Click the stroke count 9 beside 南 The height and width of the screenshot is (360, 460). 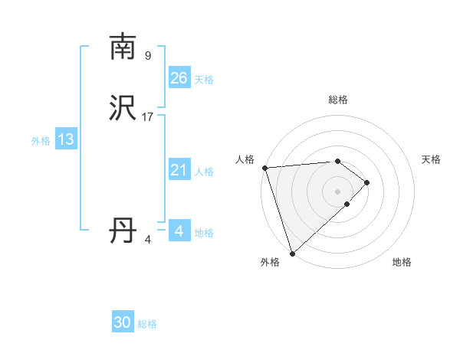(148, 55)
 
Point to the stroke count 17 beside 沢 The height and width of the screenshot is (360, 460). (148, 117)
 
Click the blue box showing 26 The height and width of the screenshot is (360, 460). (179, 78)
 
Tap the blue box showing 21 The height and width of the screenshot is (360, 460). (179, 171)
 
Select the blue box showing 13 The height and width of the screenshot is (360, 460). (66, 139)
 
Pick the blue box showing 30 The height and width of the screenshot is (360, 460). (123, 323)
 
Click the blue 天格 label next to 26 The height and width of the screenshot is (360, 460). (204, 80)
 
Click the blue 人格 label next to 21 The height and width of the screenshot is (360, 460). (204, 172)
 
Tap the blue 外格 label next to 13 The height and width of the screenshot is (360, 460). (41, 141)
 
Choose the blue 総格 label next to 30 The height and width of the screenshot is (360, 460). (148, 325)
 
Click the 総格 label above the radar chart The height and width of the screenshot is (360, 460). (338, 100)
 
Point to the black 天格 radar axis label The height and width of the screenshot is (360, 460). (432, 159)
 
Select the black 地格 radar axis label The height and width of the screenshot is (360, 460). (402, 263)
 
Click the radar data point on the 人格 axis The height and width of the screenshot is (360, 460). (264, 168)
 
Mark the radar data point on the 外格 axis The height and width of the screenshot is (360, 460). (291, 253)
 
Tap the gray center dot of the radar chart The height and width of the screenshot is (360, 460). (337, 191)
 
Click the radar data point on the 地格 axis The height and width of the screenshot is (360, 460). (347, 204)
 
